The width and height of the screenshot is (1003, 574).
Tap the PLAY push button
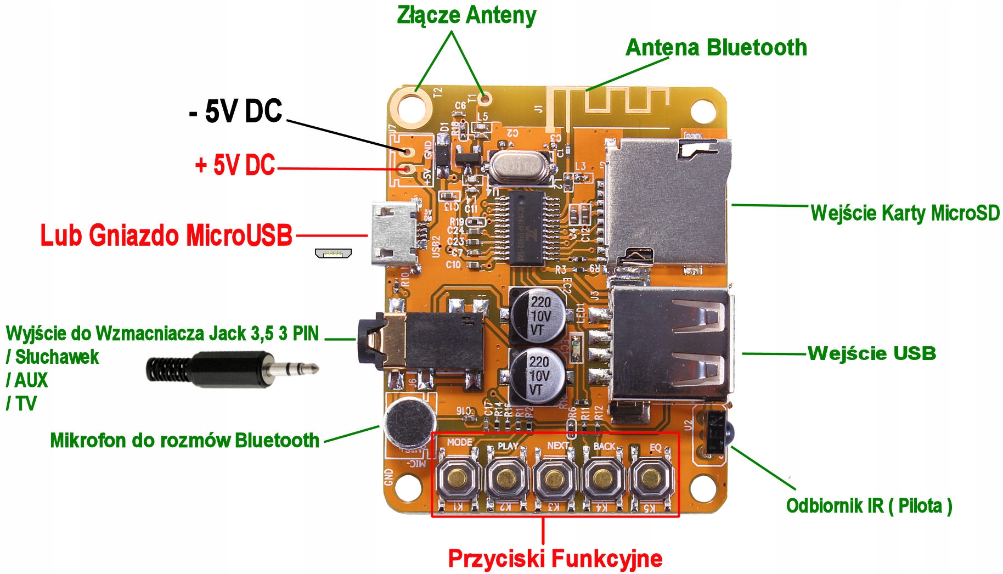point(506,477)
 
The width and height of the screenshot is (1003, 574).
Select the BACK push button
point(603,477)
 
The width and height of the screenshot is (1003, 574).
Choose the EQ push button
point(650,477)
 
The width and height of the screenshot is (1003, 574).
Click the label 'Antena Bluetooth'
point(716,48)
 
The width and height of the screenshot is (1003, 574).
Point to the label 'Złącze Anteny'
point(466,15)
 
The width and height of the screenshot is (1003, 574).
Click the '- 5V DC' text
point(236,111)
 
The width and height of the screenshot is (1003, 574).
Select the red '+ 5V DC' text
point(235,165)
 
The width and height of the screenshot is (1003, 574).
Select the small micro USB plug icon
point(333,253)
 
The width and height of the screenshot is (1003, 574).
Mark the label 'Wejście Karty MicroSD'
point(905,213)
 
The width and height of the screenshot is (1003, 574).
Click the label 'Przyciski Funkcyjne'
point(555,559)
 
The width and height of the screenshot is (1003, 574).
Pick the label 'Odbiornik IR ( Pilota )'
point(869,505)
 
